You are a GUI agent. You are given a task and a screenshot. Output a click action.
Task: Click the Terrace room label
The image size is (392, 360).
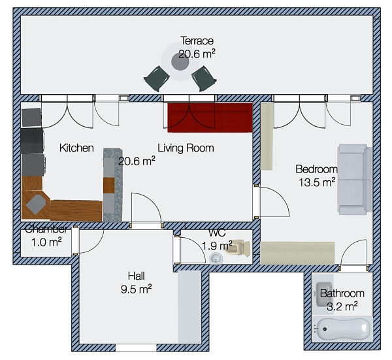pyautogui.click(x=197, y=41)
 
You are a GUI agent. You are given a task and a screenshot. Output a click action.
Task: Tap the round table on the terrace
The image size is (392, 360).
pyautogui.click(x=180, y=62)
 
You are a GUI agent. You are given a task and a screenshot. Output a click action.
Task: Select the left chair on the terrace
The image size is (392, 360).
pyautogui.click(x=157, y=78)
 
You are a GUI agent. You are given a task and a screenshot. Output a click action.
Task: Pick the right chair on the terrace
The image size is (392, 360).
pyautogui.click(x=204, y=78)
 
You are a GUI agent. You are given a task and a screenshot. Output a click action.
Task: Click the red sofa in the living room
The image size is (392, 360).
pyautogui.click(x=210, y=118)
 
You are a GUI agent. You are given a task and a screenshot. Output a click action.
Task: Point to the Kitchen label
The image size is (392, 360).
pyautogui.click(x=76, y=148)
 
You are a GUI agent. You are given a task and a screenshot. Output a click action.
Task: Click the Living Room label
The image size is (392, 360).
pyautogui.click(x=186, y=148)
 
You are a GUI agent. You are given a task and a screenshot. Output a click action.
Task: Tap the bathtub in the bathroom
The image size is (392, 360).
pyautogui.click(x=342, y=329)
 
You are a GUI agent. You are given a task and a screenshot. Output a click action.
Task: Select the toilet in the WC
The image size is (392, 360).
pyautogui.click(x=238, y=248)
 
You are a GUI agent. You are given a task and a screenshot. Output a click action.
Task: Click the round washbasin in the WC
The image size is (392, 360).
pyautogui.click(x=216, y=259)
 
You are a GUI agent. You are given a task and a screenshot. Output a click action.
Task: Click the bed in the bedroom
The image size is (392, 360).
pyautogui.click(x=355, y=179)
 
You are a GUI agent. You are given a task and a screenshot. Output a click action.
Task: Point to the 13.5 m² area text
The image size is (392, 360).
pyautogui.click(x=317, y=182)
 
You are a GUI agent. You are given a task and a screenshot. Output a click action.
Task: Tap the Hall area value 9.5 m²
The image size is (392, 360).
pyautogui.click(x=137, y=289)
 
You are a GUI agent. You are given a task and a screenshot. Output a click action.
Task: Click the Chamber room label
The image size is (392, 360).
pyautogui.click(x=46, y=229)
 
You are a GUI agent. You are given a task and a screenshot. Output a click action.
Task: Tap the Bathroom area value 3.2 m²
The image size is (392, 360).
pyautogui.click(x=342, y=306)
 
